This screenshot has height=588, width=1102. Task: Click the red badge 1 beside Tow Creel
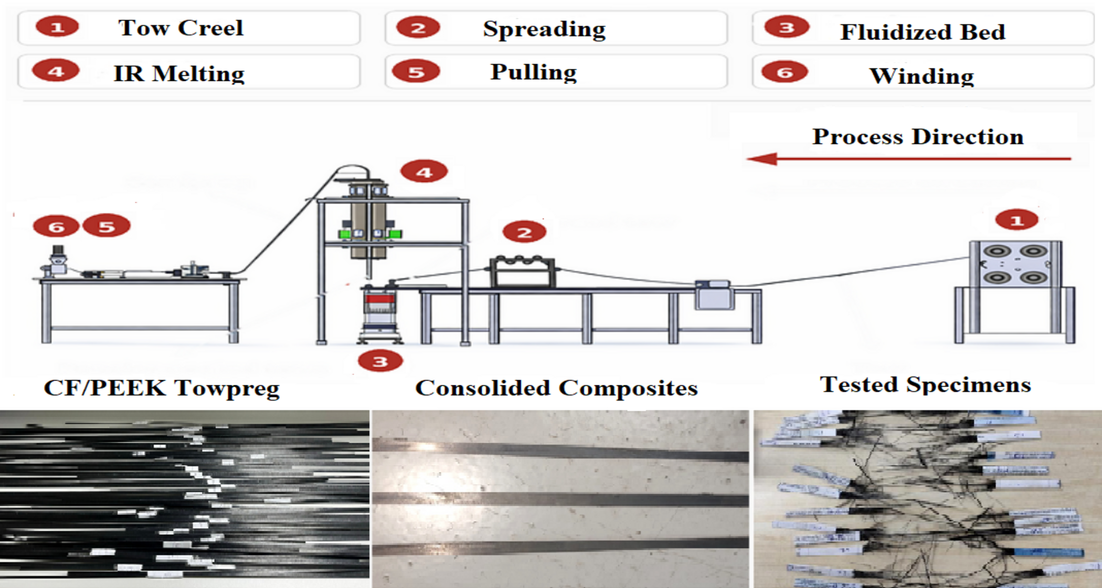57,27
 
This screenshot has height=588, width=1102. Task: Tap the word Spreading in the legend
544,29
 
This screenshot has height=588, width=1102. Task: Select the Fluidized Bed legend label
923,32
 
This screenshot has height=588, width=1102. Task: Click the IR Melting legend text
179,73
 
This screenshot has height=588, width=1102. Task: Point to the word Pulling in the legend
533,72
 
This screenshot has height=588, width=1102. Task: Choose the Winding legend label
921,76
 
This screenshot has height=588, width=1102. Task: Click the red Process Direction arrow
908,159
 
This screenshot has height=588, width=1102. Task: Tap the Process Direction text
918,136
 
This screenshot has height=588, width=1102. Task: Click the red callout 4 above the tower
423,172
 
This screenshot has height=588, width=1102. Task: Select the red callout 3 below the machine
380,361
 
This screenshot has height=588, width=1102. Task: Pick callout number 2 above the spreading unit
524,232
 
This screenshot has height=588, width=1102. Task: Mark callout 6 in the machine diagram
56,226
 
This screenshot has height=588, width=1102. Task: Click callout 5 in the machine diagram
107,226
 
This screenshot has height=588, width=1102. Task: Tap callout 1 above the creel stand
1016,220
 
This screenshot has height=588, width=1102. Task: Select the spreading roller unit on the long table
522,271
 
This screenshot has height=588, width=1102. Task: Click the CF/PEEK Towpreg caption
161,388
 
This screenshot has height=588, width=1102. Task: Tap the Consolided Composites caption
556,388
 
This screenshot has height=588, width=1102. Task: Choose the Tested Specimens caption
925,385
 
